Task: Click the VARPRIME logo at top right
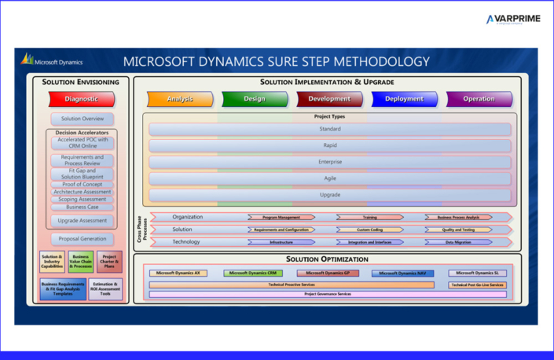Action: tap(513, 20)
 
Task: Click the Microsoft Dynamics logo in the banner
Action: tap(52, 61)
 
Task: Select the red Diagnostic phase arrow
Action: tap(82, 99)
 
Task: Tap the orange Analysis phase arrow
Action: tap(179, 99)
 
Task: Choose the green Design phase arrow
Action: tap(254, 99)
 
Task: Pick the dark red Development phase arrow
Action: tap(329, 99)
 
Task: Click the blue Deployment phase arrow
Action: tap(404, 99)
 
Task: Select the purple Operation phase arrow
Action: tap(479, 99)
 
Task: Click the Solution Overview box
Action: tap(82, 119)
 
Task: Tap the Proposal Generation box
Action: tap(82, 239)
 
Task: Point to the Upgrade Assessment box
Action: tap(82, 221)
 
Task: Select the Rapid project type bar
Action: tap(330, 145)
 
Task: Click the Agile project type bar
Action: tap(330, 178)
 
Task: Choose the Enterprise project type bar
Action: tap(330, 162)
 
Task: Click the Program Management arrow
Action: tap(281, 217)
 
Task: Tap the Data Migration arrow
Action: tap(458, 242)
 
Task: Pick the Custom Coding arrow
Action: tap(369, 230)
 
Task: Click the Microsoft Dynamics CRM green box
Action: tap(253, 274)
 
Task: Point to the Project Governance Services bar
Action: tap(328, 294)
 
